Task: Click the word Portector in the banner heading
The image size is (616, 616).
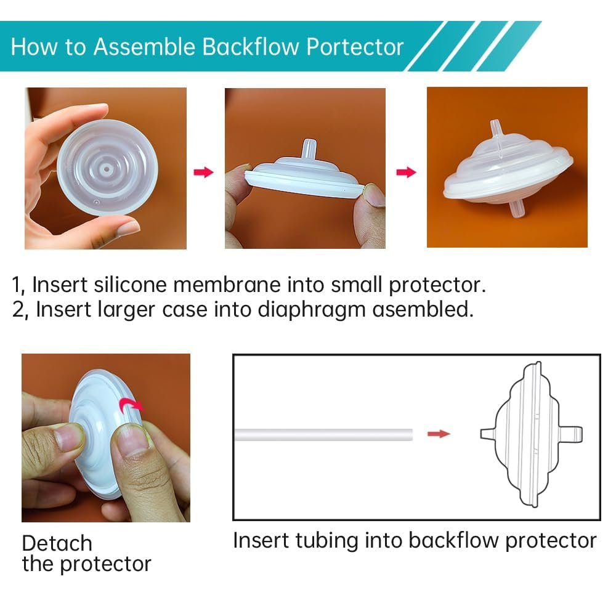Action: (355, 47)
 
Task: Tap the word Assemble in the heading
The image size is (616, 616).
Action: (144, 47)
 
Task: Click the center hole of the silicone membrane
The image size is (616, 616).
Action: (107, 170)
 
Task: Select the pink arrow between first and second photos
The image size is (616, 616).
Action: (203, 172)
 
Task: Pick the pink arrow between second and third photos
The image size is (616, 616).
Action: (406, 172)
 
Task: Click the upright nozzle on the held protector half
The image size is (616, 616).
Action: (309, 148)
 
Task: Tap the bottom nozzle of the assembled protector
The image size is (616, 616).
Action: (517, 209)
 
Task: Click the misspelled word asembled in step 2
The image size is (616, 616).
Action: (423, 309)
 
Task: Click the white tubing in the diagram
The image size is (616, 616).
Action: (324, 435)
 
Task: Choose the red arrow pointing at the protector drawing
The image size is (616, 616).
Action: (439, 434)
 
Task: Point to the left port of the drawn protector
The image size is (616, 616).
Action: (487, 434)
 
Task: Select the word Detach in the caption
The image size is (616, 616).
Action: (57, 543)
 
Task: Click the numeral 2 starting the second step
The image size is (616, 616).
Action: (18, 309)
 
